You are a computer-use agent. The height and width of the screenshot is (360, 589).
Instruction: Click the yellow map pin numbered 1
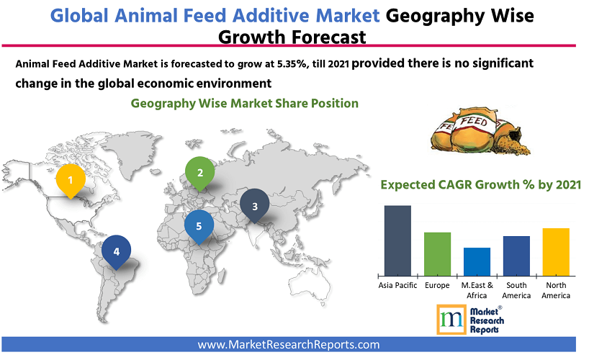pyautogui.click(x=70, y=179)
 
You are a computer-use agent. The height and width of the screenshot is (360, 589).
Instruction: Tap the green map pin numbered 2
pyautogui.click(x=199, y=172)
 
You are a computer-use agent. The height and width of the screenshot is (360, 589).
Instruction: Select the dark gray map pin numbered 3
pyautogui.click(x=255, y=207)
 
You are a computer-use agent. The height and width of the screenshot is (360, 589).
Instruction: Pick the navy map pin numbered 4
pyautogui.click(x=116, y=252)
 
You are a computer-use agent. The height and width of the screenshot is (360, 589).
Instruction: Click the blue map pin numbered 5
pyautogui.click(x=199, y=226)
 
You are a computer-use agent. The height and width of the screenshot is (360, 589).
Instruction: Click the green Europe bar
pyautogui.click(x=437, y=253)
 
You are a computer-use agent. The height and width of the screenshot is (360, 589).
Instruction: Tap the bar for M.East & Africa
pyautogui.click(x=477, y=261)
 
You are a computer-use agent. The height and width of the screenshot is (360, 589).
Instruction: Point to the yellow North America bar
pyautogui.click(x=556, y=251)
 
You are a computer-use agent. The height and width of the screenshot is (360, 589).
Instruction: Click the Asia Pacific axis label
pyautogui.click(x=397, y=286)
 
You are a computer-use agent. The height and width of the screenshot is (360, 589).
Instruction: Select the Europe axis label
pyautogui.click(x=437, y=286)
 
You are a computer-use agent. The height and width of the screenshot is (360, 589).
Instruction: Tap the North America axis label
pyautogui.click(x=556, y=290)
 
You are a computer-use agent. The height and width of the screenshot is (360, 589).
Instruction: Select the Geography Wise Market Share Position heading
pyautogui.click(x=244, y=103)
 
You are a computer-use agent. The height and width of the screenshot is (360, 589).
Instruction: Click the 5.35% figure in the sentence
pyautogui.click(x=290, y=64)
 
